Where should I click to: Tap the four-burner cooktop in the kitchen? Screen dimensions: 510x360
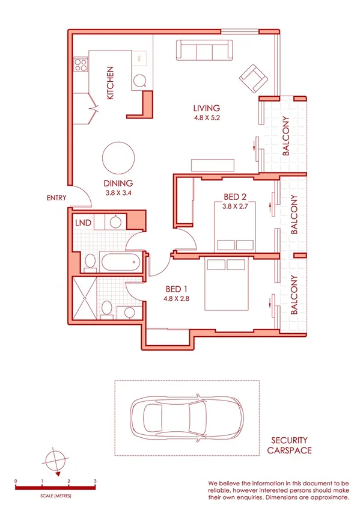click(81, 65)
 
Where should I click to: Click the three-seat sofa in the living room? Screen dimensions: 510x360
click(204, 50)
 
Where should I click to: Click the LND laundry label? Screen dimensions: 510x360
click(83, 223)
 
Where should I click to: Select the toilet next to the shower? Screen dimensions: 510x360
click(106, 307)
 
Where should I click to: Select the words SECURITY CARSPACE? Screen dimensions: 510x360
click(289, 444)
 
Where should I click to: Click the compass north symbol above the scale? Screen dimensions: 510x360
click(54, 461)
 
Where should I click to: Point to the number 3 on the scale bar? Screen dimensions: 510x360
click(95, 482)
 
